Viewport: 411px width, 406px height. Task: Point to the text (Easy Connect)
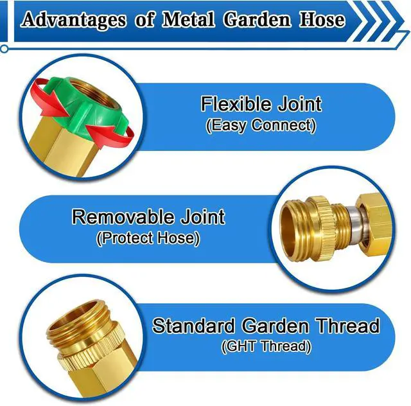pos(261,125)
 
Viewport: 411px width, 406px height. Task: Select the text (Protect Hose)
pos(148,238)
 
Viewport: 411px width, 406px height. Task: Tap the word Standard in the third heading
pos(192,326)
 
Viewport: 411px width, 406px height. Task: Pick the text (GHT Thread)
pos(266,348)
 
